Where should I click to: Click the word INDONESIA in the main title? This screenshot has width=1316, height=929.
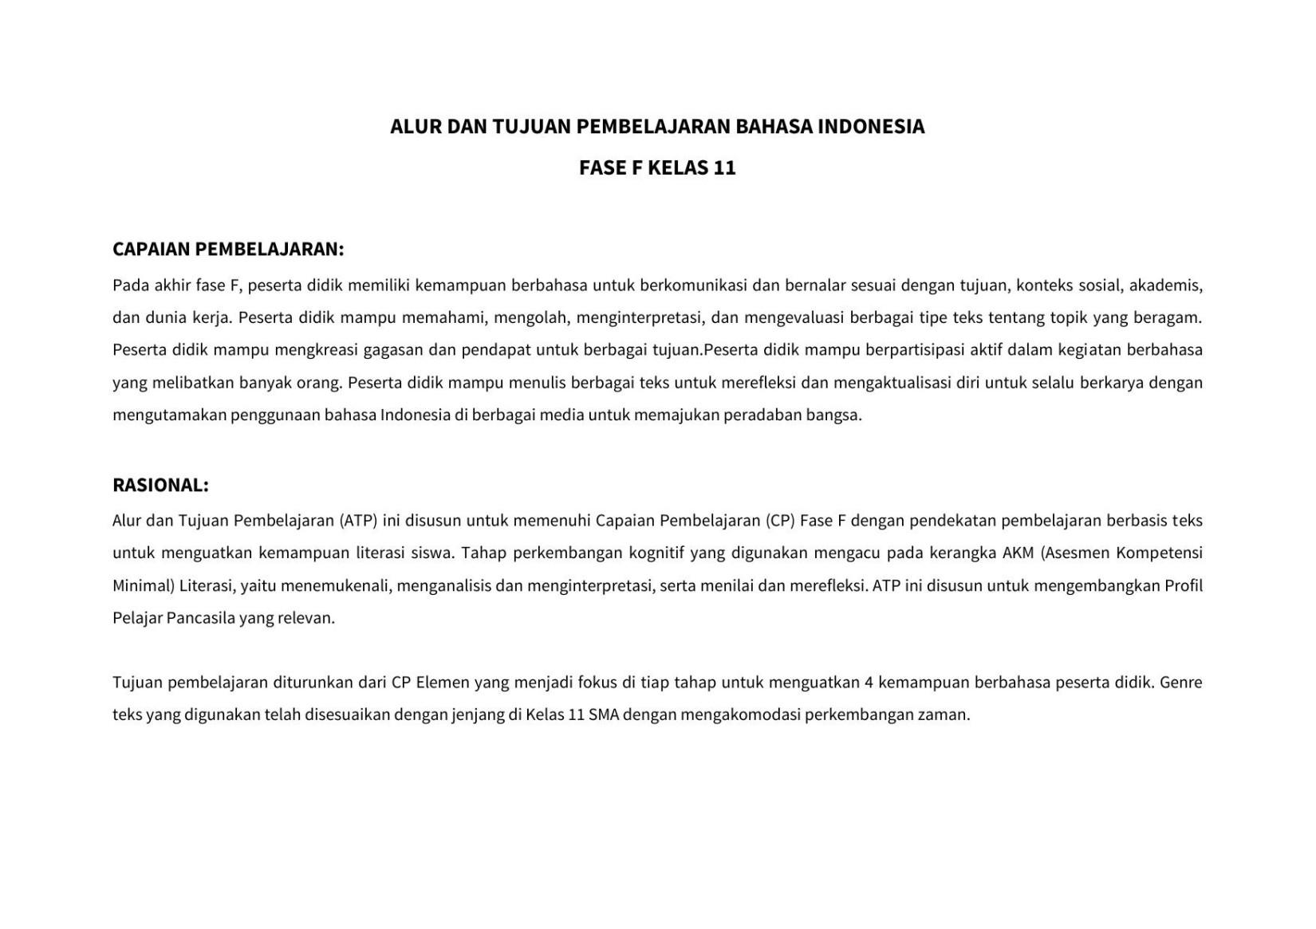click(871, 127)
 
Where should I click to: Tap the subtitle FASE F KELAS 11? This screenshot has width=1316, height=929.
click(657, 168)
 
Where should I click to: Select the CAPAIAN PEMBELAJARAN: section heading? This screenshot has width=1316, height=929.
click(228, 250)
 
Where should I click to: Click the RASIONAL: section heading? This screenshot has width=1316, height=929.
click(160, 486)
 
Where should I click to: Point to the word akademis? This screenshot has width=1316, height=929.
click(1165, 285)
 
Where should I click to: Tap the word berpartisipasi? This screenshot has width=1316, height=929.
click(916, 350)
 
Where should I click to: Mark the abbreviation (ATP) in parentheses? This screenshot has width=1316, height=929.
click(358, 521)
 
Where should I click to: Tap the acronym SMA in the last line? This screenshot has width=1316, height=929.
click(604, 715)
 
